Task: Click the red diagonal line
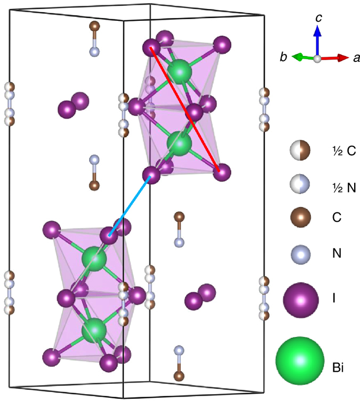(x=185, y=109)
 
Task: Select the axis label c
(x=318, y=18)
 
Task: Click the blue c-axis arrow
(x=317, y=41)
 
